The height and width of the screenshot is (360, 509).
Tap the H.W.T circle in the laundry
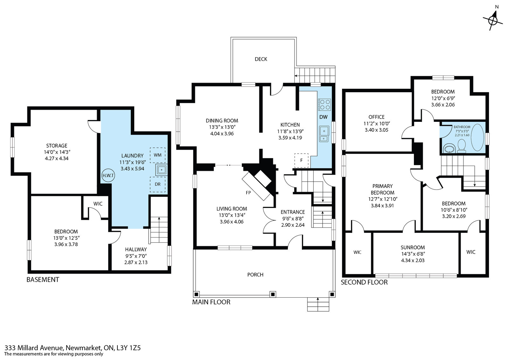click(108, 175)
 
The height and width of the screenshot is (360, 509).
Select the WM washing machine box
click(157, 155)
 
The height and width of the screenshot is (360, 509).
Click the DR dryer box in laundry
click(157, 184)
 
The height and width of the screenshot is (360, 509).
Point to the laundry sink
click(161, 170)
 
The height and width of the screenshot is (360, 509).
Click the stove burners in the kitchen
click(324, 105)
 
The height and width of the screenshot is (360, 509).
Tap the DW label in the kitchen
click(323, 117)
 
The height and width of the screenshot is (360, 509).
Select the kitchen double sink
click(324, 134)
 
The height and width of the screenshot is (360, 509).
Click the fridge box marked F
click(301, 160)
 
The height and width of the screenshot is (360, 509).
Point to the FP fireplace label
click(248, 193)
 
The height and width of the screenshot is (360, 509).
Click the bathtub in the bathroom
click(478, 137)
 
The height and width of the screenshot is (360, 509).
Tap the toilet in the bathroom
click(462, 146)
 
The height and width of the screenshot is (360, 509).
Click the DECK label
click(261, 59)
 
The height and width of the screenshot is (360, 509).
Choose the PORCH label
click(255, 274)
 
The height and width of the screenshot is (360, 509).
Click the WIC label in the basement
click(98, 204)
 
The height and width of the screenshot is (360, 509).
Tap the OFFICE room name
click(377, 117)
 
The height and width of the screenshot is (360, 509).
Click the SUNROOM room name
click(413, 247)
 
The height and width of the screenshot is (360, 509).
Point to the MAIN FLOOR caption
click(211, 302)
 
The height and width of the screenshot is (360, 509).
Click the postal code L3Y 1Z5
click(129, 348)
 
